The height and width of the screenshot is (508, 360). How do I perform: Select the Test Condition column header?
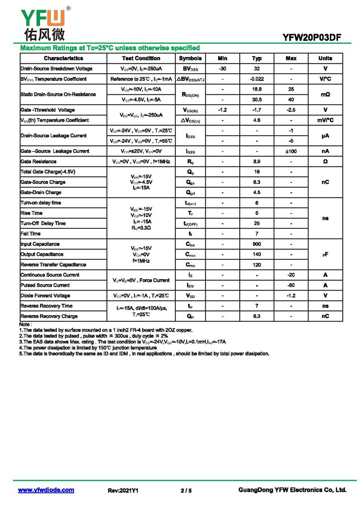click(141, 58)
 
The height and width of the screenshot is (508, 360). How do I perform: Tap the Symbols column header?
click(190, 58)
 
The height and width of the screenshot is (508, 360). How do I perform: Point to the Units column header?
click(325, 58)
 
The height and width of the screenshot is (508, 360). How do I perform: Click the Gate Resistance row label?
click(39, 161)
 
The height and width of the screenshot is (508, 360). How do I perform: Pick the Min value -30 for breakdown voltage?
click(222, 69)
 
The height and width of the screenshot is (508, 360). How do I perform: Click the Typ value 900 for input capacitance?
click(256, 244)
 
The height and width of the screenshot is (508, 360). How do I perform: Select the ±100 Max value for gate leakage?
click(291, 151)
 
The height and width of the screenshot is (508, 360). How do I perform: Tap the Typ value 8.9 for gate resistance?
click(256, 161)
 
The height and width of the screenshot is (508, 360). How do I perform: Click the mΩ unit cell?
click(325, 94)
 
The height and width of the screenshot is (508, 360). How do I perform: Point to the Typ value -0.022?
click(256, 79)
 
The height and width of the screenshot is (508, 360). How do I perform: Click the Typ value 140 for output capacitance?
click(256, 254)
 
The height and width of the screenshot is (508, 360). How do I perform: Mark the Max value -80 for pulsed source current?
click(291, 285)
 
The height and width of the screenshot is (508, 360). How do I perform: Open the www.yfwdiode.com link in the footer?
click(46, 490)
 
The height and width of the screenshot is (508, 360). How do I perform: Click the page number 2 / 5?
click(186, 490)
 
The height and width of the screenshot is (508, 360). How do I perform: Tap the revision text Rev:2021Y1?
click(123, 490)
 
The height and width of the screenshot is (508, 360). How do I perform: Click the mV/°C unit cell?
click(325, 120)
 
